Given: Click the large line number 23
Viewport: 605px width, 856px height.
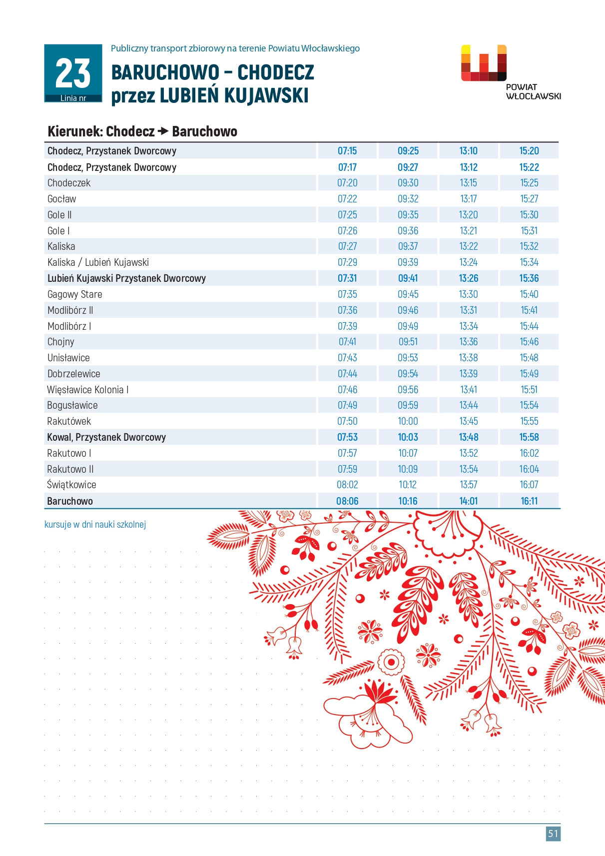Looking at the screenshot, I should (73, 73).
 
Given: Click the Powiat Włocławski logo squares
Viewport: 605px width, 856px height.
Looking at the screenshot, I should (484, 63).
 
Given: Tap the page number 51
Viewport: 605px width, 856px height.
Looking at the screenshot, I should (553, 833).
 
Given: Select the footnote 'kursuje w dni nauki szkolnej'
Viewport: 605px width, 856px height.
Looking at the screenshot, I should (95, 524).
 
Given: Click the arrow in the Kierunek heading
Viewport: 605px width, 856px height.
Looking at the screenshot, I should (163, 131).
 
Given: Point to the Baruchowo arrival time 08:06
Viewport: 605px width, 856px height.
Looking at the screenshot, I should (347, 501).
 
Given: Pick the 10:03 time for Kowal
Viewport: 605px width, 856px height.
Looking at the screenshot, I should (408, 437).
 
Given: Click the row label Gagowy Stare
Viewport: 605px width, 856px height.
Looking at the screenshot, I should (74, 294).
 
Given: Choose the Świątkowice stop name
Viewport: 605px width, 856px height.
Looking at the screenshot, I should (71, 485).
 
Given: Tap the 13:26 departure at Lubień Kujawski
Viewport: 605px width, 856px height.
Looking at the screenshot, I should (469, 278).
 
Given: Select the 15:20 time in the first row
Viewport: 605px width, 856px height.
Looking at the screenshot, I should (529, 151).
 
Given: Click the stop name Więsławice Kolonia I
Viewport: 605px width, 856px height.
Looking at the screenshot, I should (88, 390).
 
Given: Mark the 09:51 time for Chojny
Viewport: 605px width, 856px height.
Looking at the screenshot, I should (408, 342).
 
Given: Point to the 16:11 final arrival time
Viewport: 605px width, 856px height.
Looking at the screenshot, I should (529, 501).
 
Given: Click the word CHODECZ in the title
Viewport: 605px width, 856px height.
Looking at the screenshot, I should (275, 72).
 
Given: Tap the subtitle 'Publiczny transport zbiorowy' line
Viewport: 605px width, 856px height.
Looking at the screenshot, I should (235, 48).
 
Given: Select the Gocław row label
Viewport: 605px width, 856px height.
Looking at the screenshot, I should (61, 199).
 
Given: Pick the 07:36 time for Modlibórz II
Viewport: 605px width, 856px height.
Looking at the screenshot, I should (347, 310).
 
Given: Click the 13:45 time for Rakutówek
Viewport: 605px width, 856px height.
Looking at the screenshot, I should (469, 421).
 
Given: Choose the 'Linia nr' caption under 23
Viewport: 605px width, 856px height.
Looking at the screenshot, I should (73, 98).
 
